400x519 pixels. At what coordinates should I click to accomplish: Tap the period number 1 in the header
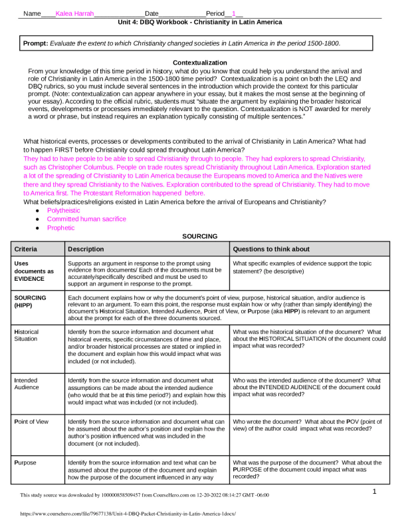click(233, 13)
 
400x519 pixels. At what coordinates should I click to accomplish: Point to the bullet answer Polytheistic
click(65, 210)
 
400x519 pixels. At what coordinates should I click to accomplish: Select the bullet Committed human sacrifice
click(86, 219)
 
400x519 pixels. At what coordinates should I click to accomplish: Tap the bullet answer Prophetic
click(60, 228)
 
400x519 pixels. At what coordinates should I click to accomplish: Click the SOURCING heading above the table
click(199, 236)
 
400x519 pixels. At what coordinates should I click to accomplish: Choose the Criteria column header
click(27, 249)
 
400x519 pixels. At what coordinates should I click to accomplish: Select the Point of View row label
click(33, 422)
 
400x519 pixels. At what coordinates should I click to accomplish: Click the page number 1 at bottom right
click(375, 491)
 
